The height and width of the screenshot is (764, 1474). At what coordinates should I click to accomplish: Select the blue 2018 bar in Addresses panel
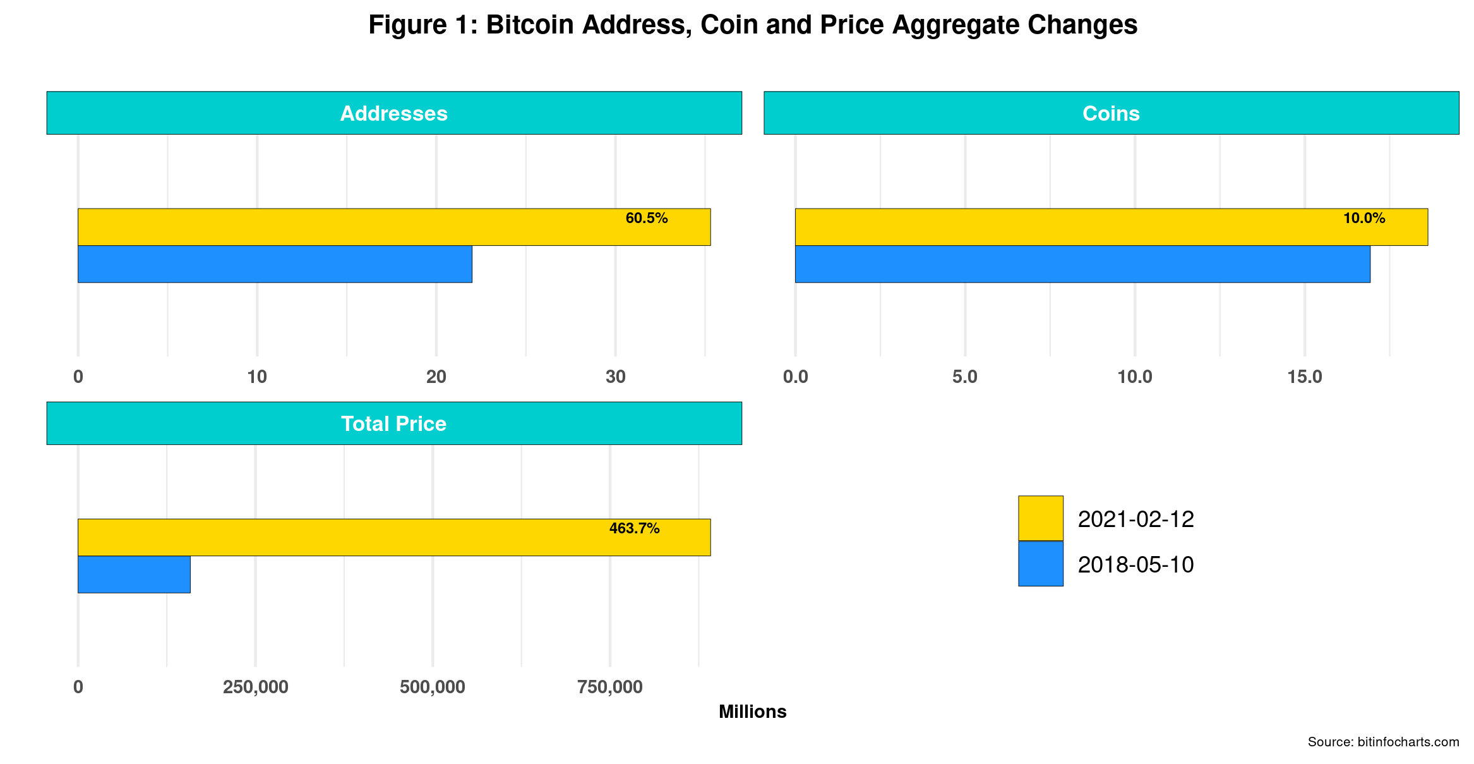tap(275, 264)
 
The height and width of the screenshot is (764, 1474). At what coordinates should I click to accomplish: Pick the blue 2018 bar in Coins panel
tap(1082, 264)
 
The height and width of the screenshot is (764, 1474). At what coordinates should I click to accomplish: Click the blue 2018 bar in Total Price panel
tap(134, 574)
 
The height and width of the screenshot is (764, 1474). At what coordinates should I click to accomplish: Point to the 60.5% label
tap(646, 219)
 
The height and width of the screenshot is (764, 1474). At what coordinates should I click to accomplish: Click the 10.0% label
tap(1363, 219)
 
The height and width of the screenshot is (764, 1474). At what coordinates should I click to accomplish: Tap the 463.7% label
tap(634, 528)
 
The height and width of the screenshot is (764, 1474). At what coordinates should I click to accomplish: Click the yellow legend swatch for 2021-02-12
tap(1040, 518)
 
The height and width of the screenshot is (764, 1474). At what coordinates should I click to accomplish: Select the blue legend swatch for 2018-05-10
tap(1040, 564)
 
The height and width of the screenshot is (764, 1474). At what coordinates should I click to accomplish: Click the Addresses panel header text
tap(393, 113)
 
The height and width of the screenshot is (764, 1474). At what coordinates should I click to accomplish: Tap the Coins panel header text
tap(1111, 113)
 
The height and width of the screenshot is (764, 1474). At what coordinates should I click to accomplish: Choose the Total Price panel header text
tap(393, 423)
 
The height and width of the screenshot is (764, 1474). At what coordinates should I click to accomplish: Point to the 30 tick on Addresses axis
tap(615, 377)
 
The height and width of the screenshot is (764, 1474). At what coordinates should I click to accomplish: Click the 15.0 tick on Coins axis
tap(1304, 377)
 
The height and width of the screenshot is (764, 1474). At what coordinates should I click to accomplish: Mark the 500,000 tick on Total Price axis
tap(432, 687)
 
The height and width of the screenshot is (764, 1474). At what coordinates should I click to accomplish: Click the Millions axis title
tap(752, 712)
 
